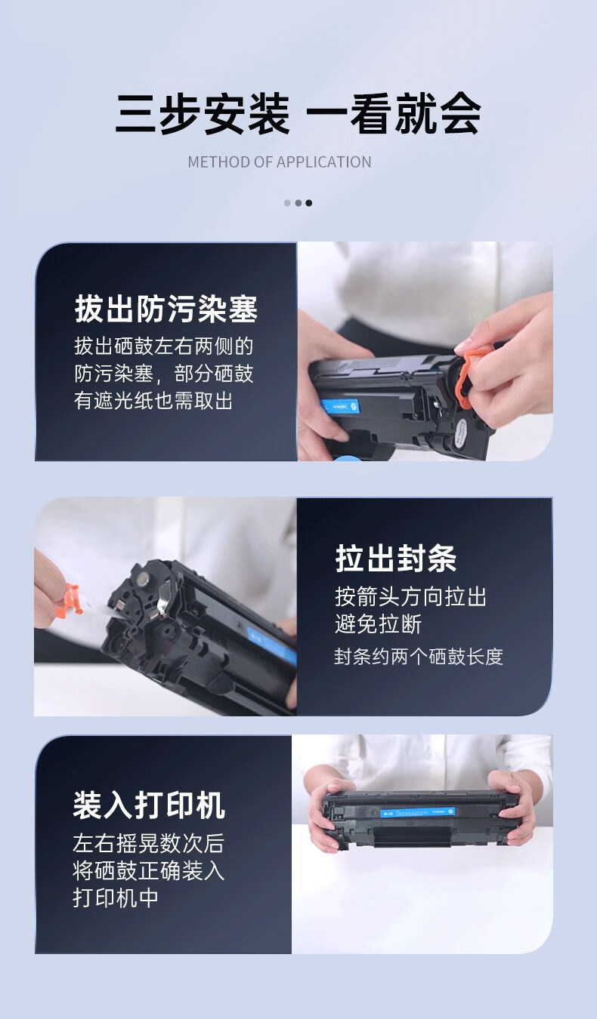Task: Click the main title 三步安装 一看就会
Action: coord(298,114)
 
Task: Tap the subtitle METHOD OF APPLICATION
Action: coord(280,162)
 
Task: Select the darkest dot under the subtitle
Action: coord(309,203)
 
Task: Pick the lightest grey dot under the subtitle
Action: coord(287,203)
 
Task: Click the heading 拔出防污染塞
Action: coord(166,309)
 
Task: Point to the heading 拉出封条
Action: coord(396,558)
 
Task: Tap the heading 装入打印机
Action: coord(149,805)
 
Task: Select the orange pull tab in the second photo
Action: coord(68,601)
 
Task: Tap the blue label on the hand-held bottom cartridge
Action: coord(418,812)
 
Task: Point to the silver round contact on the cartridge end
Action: coord(144,579)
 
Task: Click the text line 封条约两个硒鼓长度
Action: coord(419,657)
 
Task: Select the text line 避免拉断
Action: coord(379,623)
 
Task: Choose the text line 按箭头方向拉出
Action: coord(411,596)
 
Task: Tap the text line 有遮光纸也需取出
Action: coord(153,401)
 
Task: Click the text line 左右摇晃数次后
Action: coord(148,843)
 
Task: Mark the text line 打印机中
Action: coord(116,897)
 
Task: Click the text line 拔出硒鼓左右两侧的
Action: coord(164,346)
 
